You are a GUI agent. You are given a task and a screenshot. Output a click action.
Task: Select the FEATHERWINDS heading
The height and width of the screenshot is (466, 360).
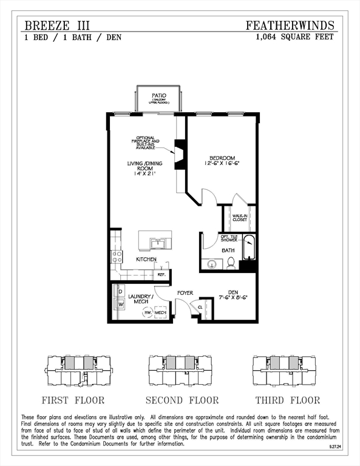click(290, 25)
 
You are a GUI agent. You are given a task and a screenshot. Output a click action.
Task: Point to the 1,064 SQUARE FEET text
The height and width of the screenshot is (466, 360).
click(295, 37)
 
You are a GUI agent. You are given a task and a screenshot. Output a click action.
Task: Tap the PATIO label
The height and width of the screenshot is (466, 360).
click(159, 96)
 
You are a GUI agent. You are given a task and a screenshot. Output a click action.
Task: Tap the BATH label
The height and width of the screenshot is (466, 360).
click(228, 250)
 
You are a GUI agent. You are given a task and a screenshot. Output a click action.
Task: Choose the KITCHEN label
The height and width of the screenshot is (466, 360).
click(146, 260)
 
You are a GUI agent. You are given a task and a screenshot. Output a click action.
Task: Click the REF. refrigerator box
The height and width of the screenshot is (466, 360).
click(161, 274)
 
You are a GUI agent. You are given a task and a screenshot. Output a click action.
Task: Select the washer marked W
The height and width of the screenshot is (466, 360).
click(120, 303)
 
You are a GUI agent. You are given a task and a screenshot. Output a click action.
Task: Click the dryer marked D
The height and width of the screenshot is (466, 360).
click(120, 291)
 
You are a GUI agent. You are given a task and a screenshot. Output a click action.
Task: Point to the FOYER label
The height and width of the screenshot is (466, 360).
click(185, 293)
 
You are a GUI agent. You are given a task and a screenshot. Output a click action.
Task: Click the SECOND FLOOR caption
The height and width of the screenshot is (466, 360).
click(182, 400)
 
